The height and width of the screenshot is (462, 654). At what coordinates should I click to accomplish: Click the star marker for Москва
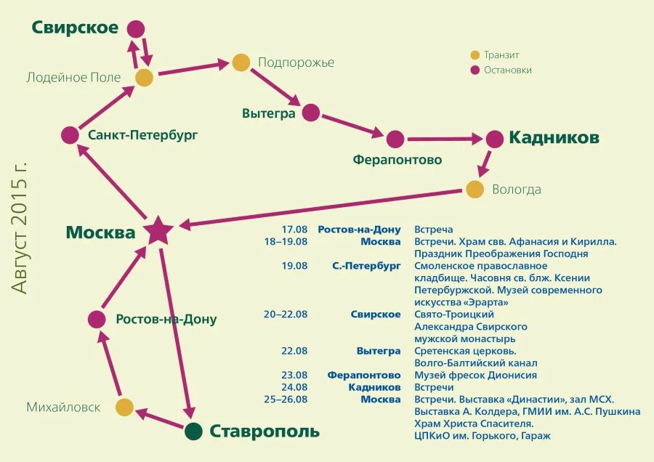[158, 231]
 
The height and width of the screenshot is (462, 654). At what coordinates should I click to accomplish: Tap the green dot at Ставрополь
[193, 431]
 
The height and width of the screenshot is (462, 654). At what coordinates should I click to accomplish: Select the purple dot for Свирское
[136, 29]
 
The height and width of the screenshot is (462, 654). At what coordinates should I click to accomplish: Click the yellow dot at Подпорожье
[241, 62]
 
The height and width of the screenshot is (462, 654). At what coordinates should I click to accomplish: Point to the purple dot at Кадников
[495, 139]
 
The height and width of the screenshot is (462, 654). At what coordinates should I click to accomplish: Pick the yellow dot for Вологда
[475, 190]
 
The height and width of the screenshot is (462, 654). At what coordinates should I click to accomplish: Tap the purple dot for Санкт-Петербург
[70, 135]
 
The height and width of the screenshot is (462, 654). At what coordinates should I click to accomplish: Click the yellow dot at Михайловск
[125, 408]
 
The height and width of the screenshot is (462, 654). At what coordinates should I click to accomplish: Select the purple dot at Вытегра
[311, 113]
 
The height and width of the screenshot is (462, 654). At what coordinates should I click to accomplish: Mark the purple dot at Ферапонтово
[395, 139]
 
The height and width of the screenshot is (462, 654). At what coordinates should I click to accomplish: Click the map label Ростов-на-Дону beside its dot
[166, 319]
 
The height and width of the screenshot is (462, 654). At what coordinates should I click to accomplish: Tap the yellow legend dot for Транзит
[475, 55]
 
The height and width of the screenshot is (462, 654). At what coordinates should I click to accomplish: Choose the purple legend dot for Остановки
[475, 70]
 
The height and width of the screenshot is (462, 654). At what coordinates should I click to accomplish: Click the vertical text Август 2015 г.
[21, 227]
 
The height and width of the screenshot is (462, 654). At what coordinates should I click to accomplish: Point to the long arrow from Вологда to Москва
[320, 208]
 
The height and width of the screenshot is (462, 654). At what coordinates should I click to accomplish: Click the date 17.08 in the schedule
[295, 230]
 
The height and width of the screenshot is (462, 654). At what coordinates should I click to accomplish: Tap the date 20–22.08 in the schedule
[286, 315]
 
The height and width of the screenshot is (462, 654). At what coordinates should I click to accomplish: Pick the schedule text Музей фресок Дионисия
[475, 375]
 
